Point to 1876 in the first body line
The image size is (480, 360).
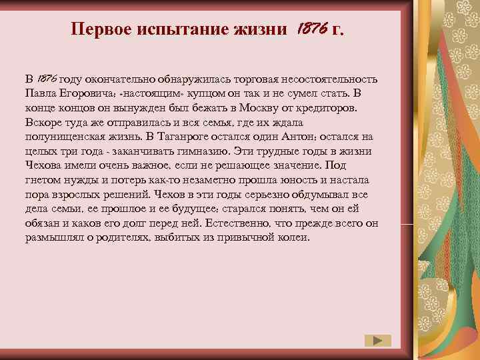50,79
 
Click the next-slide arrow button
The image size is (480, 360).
378,340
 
